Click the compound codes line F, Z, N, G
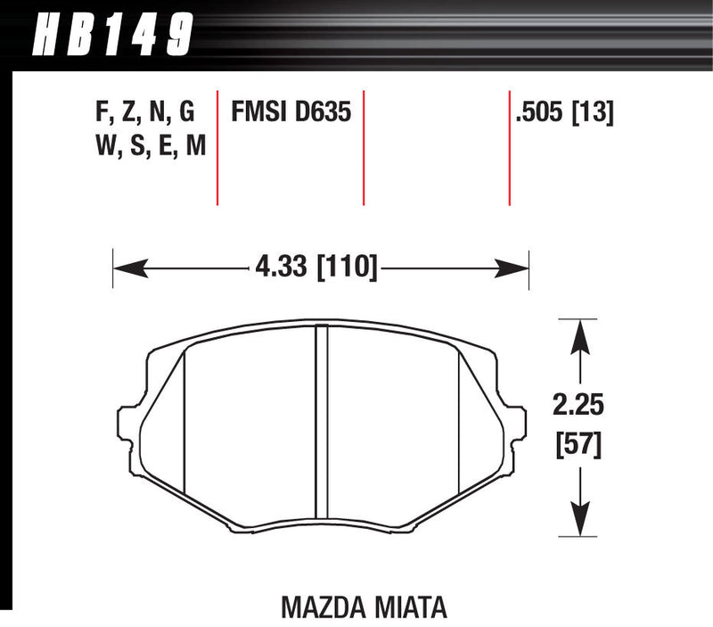144,112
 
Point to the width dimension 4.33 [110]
316,266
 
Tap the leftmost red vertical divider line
218,147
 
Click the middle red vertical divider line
365,147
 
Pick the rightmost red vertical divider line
509,147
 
